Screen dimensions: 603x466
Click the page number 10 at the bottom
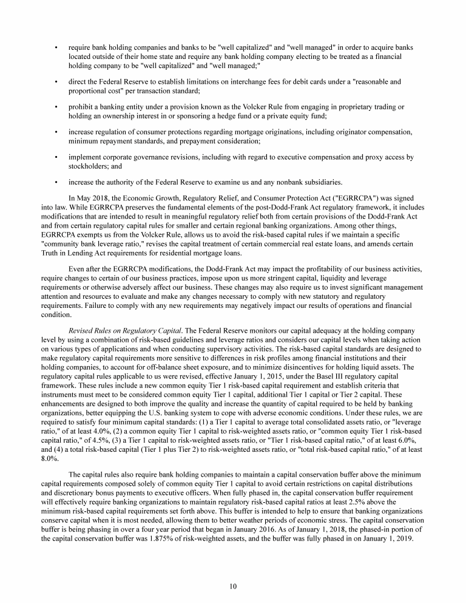pyautogui.click(x=233, y=586)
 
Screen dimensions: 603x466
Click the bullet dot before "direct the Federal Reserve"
pyautogui.click(x=56, y=81)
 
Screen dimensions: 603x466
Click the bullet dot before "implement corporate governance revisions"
pyautogui.click(x=56, y=157)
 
